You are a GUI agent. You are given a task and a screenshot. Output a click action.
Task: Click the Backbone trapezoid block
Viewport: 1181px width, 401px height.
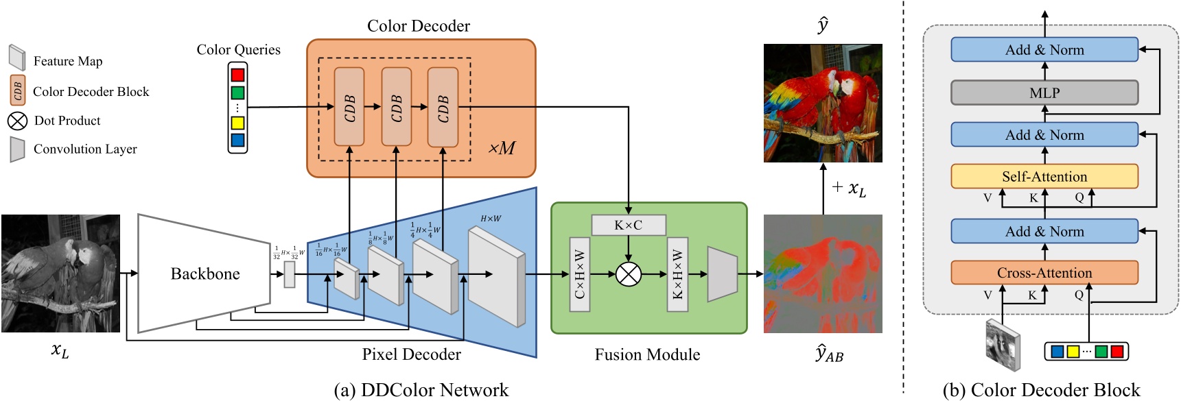tap(204, 274)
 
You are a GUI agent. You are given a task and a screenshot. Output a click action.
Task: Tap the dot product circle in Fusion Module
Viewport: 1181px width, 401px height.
tap(628, 274)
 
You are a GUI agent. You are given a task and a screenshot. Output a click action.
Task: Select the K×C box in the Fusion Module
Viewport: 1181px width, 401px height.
tap(628, 225)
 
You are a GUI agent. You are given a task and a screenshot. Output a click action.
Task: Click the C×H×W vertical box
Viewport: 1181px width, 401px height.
tap(579, 274)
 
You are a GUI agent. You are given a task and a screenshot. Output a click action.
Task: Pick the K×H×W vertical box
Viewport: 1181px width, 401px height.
tap(677, 274)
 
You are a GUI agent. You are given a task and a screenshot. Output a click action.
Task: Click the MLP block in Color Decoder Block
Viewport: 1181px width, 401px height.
tap(1044, 93)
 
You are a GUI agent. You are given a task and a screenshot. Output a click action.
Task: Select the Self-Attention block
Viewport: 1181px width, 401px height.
tap(1044, 176)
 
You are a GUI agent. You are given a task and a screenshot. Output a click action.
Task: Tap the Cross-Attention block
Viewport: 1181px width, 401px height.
tap(1044, 273)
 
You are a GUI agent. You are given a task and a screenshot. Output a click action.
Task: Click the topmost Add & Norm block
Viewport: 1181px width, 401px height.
tap(1044, 49)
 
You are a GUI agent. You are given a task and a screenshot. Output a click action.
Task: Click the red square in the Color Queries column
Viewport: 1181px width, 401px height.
tap(237, 74)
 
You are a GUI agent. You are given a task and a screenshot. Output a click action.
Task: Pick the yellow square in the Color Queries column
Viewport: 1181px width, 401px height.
tap(237, 123)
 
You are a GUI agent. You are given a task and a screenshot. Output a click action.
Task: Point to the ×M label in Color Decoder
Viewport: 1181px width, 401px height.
tap(502, 148)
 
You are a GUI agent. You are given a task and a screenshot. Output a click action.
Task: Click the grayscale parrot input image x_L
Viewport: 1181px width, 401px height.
tap(60, 274)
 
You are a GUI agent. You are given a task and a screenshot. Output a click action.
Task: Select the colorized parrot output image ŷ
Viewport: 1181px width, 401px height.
tap(822, 103)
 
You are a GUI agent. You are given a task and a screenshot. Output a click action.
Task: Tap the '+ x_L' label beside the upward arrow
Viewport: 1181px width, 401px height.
tap(849, 188)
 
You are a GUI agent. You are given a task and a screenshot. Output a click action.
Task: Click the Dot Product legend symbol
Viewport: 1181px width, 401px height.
tap(17, 121)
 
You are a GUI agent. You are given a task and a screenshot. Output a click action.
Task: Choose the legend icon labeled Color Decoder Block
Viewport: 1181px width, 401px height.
tap(17, 90)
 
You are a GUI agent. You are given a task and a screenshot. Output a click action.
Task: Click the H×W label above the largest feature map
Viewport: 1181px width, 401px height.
tap(490, 219)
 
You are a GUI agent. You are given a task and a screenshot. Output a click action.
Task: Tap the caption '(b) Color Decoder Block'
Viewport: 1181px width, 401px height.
tap(1040, 390)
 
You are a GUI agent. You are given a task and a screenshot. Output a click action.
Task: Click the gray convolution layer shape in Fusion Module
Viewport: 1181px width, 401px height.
tap(722, 274)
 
